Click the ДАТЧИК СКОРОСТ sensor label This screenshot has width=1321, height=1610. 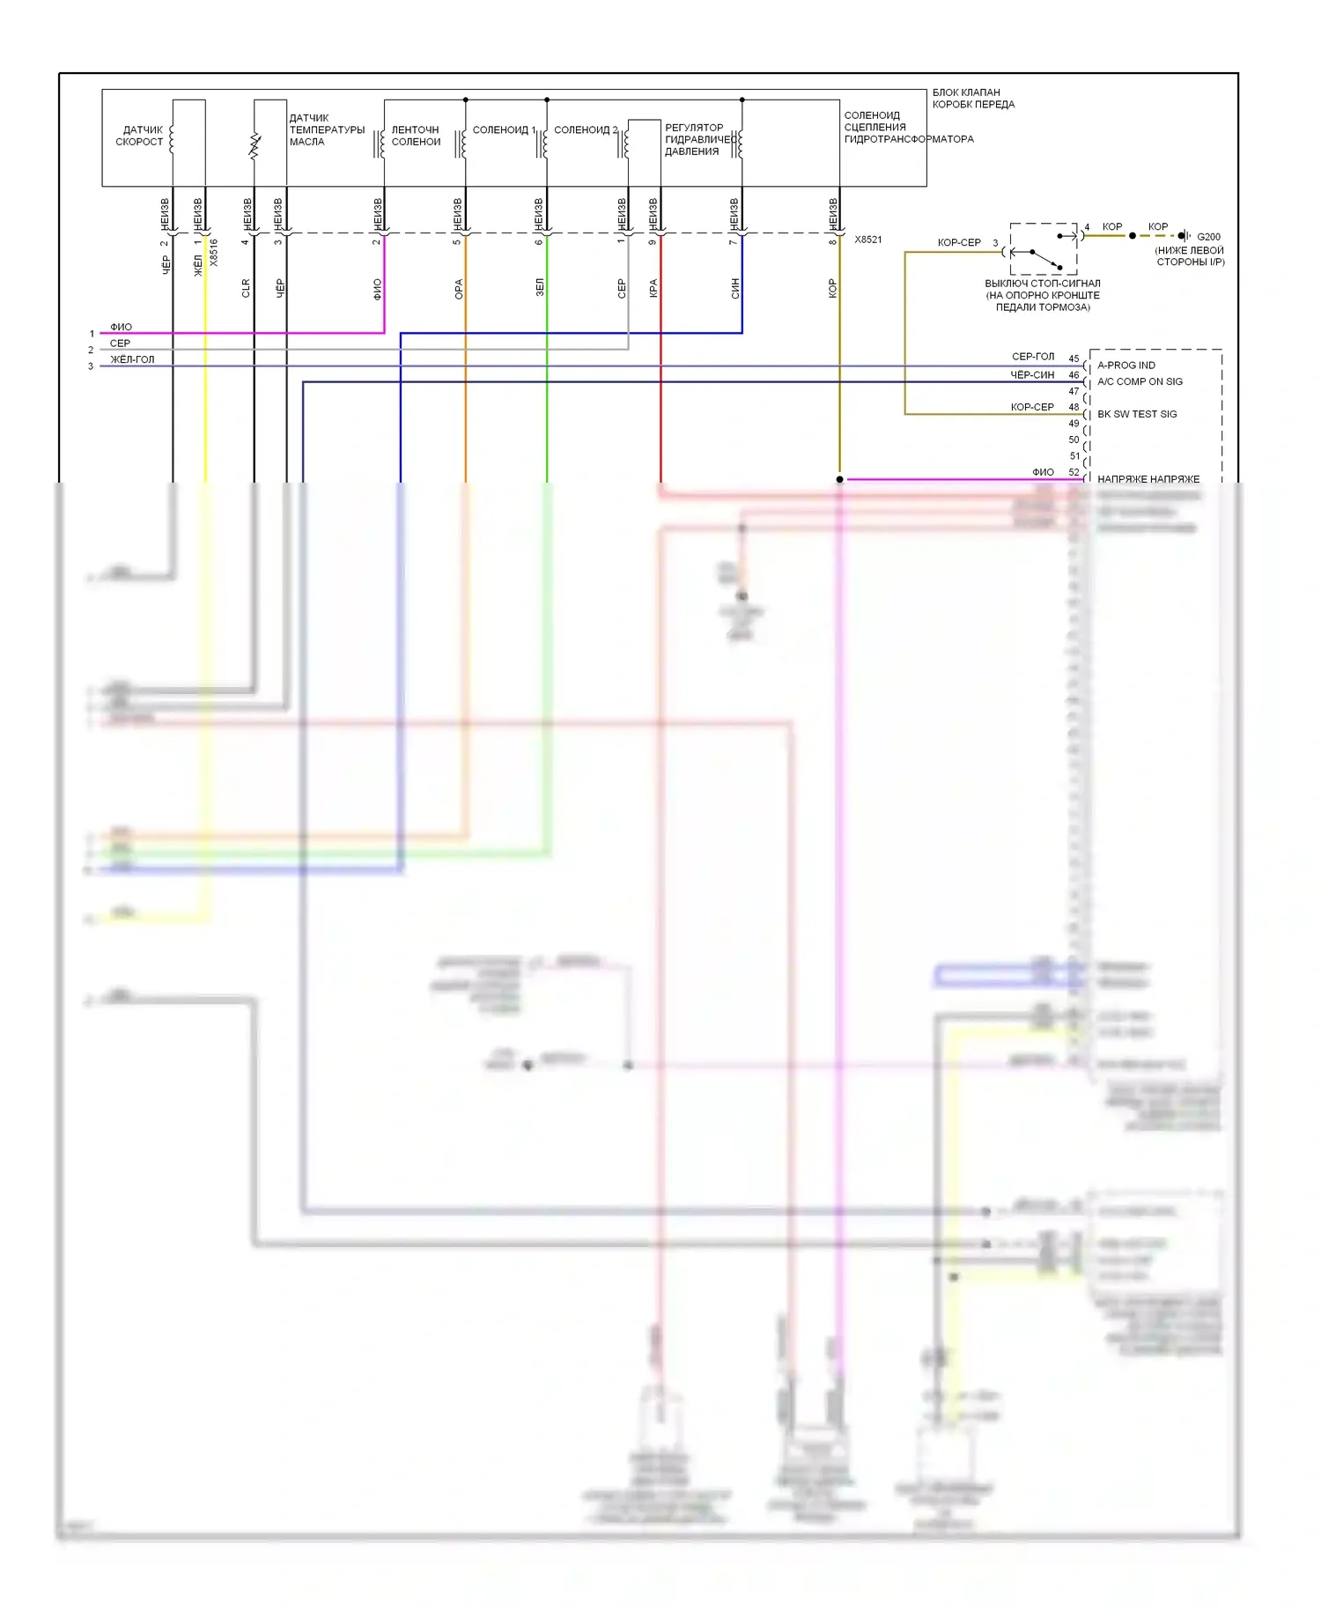pyautogui.click(x=139, y=136)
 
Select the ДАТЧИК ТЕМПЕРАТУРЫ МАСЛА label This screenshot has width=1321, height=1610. pyautogui.click(x=326, y=129)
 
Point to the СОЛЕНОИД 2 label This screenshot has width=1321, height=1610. pyautogui.click(x=586, y=129)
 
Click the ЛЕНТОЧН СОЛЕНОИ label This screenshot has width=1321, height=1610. pyautogui.click(x=416, y=136)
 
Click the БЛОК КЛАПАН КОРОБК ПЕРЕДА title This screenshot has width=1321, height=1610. pyautogui.click(x=972, y=98)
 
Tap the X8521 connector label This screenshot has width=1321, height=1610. pyautogui.click(x=867, y=240)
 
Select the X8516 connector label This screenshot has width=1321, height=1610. pyautogui.click(x=214, y=253)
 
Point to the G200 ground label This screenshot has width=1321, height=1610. pyautogui.click(x=1208, y=237)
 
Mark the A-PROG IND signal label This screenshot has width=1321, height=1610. pyautogui.click(x=1125, y=366)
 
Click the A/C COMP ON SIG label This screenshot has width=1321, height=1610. pyautogui.click(x=1140, y=381)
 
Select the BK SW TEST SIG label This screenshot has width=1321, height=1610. pyautogui.click(x=1136, y=414)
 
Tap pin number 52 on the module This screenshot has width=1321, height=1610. pyautogui.click(x=1074, y=472)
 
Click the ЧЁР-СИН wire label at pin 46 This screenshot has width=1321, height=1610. pyautogui.click(x=1032, y=375)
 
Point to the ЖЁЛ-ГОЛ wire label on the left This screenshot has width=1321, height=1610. pyautogui.click(x=132, y=359)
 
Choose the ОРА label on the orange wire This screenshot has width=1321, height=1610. pyautogui.click(x=459, y=289)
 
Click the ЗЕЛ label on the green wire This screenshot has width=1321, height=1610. pyautogui.click(x=540, y=287)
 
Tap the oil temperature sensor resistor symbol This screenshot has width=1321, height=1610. pyautogui.click(x=255, y=145)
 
